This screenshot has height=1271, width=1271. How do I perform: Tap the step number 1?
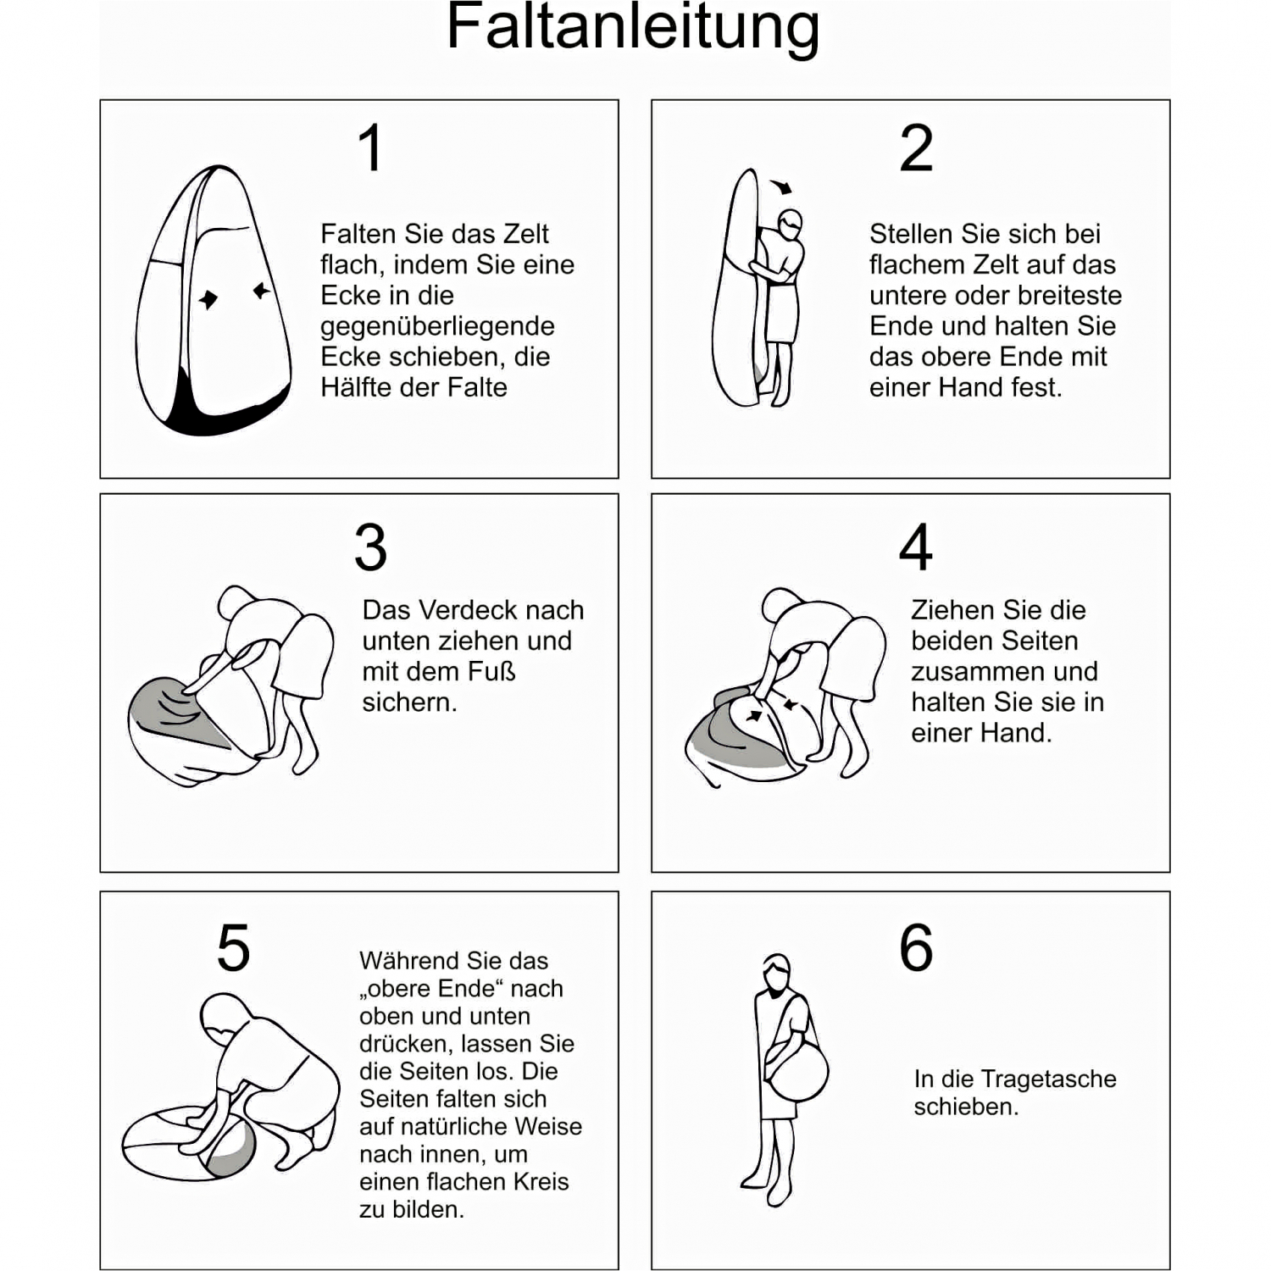click(371, 147)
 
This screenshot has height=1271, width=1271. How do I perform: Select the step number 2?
click(916, 147)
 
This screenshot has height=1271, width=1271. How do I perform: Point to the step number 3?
click(371, 547)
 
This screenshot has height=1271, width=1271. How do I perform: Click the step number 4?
click(916, 547)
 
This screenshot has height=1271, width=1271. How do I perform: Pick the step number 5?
click(234, 947)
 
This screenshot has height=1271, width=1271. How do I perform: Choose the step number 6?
click(916, 947)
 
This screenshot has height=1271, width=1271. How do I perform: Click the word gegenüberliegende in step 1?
click(437, 326)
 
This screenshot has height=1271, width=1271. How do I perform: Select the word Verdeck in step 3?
click(458, 610)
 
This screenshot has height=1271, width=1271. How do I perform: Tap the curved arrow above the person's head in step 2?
click(781, 186)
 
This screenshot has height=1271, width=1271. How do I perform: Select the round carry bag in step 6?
click(796, 1071)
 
